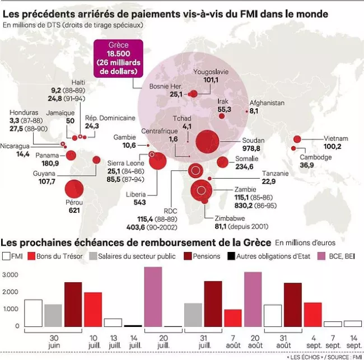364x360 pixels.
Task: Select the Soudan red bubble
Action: click(208, 141)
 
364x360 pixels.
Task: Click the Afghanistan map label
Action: click(268, 103)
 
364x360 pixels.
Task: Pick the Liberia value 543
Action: click(139, 202)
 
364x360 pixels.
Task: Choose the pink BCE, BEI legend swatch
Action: click(321, 256)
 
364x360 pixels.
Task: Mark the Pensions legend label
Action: click(206, 256)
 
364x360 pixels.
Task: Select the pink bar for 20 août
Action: click(253, 299)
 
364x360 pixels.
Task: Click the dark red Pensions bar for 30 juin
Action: click(73, 304)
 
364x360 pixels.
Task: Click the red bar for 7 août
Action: click(232, 317)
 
